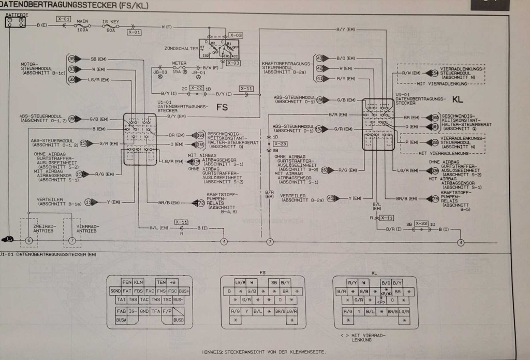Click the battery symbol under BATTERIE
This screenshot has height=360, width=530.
coord(15,23)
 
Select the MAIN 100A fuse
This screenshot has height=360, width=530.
coord(82,26)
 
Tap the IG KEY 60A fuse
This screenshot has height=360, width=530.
coord(110,26)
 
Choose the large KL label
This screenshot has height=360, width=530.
coord(458,98)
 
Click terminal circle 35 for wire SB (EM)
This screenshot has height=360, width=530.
coord(72,59)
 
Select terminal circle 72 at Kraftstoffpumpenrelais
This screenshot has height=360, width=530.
coord(201,203)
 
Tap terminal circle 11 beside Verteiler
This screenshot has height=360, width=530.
coord(89,202)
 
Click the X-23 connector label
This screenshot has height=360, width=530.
coord(280,143)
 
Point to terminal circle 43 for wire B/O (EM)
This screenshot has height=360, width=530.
coord(319,58)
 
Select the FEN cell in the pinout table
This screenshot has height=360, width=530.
coord(127,282)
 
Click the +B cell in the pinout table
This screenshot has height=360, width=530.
coord(173,282)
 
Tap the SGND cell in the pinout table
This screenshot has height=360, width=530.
coord(115,291)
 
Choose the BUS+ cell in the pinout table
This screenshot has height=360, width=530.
coord(184,291)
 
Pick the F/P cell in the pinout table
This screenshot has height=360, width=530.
coord(167,311)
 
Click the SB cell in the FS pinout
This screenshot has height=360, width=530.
coord(274,282)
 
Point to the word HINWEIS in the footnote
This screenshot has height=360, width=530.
coord(212,352)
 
